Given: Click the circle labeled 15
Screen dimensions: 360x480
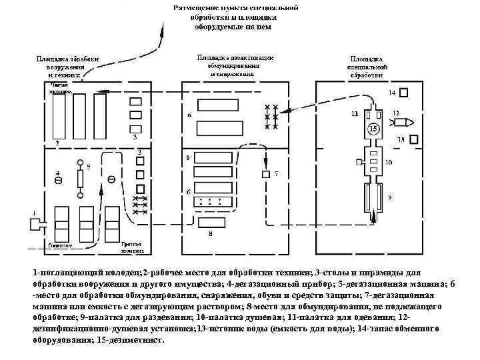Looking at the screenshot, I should (373, 128).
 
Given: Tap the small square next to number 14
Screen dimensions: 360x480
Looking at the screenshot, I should (403, 93).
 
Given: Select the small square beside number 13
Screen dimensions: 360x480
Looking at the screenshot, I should (413, 139).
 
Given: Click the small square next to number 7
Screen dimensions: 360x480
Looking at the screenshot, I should (265, 174).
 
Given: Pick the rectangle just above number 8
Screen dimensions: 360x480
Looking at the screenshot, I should (211, 220).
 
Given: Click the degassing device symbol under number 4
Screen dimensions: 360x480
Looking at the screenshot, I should (59, 181).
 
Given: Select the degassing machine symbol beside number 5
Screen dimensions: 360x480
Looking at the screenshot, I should (81, 180).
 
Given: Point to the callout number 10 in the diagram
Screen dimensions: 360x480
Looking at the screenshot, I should (388, 162).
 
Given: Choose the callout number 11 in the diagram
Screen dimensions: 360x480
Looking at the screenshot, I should (354, 114).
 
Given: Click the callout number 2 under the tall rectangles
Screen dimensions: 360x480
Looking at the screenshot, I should (57, 143).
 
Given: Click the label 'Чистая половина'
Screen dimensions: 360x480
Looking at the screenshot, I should (61, 87).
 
